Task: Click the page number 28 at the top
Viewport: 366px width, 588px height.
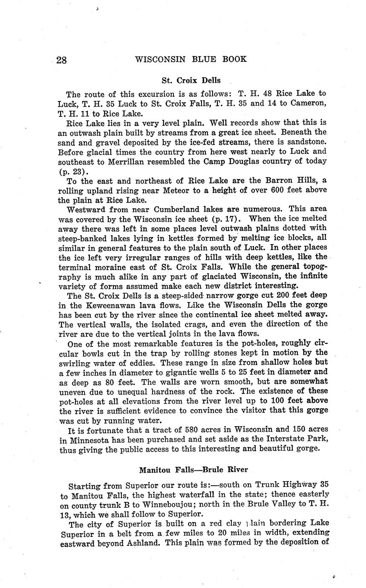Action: tap(61, 60)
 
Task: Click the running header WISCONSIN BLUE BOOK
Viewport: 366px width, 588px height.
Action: tap(190, 59)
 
